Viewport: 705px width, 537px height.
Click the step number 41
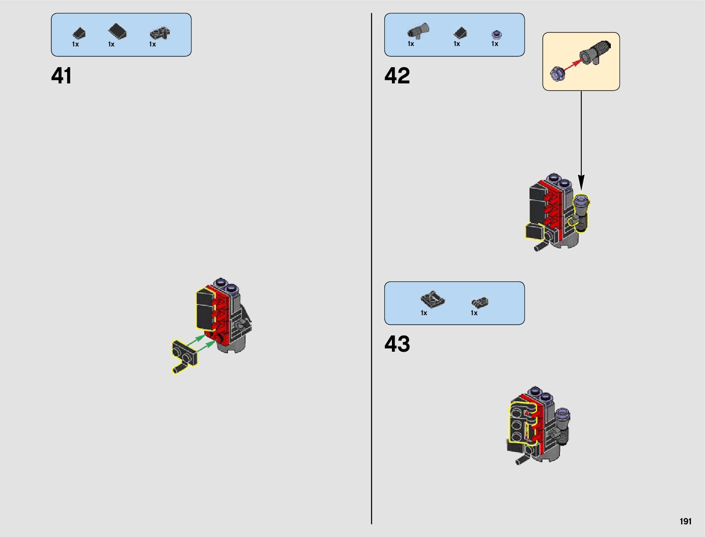point(62,76)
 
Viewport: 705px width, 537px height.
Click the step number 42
point(397,76)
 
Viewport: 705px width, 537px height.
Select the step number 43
point(397,344)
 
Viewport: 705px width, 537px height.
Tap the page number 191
point(685,521)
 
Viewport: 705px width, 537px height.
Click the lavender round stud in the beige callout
point(558,73)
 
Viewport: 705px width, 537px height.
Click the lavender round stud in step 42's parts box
point(497,34)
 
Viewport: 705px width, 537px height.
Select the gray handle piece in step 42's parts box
point(418,31)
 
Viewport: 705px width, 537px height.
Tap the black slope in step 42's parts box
point(460,33)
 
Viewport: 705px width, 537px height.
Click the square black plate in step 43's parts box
point(432,299)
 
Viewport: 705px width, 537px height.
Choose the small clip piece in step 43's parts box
point(480,302)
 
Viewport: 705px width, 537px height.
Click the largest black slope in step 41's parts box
point(118,32)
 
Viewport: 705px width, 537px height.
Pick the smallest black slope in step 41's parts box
point(79,33)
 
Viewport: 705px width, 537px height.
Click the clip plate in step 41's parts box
point(159,33)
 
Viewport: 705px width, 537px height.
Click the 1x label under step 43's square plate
point(424,313)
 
